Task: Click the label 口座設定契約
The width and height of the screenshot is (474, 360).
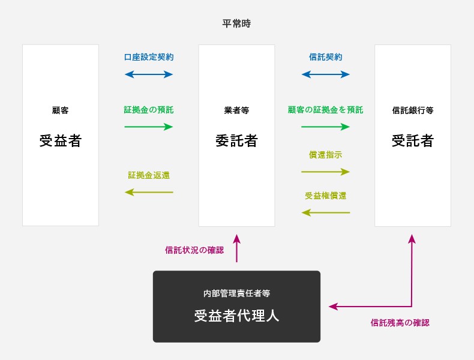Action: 149,58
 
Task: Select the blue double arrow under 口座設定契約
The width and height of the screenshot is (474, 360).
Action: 149,74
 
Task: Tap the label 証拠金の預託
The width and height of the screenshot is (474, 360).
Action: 149,110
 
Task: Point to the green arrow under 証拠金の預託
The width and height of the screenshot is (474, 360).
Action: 149,127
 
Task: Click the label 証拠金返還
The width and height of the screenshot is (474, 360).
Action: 149,175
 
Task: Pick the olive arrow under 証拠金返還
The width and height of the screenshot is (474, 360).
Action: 149,192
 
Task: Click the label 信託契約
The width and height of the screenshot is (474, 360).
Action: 326,58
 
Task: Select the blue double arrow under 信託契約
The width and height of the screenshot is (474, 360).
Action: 326,74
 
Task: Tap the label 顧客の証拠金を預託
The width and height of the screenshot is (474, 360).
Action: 326,110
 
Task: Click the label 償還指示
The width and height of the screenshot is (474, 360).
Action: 326,155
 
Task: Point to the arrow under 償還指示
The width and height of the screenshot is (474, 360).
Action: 326,172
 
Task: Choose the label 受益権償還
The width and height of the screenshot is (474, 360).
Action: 326,196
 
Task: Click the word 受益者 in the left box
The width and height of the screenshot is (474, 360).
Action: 60,141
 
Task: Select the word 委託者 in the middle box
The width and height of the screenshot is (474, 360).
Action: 236,141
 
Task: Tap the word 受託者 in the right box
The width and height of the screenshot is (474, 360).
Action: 413,141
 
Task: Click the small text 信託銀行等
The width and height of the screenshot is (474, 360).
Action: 413,110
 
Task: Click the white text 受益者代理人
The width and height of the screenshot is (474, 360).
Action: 236,316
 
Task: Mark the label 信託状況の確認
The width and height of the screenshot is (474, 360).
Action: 194,250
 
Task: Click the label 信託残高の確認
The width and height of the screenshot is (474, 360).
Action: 400,323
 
